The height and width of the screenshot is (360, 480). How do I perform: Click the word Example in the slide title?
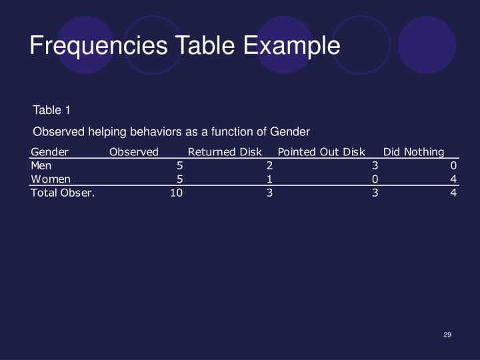(x=291, y=46)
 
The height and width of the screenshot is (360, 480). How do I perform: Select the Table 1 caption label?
(x=51, y=110)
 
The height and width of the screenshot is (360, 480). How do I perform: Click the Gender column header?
(x=50, y=152)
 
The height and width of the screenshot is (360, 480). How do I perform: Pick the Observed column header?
(x=134, y=152)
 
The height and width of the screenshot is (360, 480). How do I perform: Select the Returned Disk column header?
(x=225, y=152)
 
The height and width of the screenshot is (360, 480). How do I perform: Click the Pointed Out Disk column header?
(x=321, y=152)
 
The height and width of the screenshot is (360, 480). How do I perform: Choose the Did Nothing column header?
(x=413, y=152)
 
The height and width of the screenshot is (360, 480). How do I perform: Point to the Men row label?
(x=41, y=165)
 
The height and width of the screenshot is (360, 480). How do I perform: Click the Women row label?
(x=51, y=179)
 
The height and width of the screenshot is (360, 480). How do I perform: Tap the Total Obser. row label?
(x=63, y=193)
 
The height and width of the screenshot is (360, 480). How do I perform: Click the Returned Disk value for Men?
(x=269, y=165)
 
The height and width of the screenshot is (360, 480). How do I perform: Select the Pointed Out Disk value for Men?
(x=375, y=165)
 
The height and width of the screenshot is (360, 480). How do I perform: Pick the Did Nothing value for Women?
(x=453, y=179)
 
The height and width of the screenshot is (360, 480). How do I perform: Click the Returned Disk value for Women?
(x=269, y=179)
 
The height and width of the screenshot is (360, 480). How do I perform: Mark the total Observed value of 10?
(x=176, y=193)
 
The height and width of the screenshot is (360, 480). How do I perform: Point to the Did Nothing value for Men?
(x=453, y=165)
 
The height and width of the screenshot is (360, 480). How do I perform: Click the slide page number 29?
(x=447, y=335)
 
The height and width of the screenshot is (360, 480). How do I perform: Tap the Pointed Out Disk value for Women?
(x=375, y=179)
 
